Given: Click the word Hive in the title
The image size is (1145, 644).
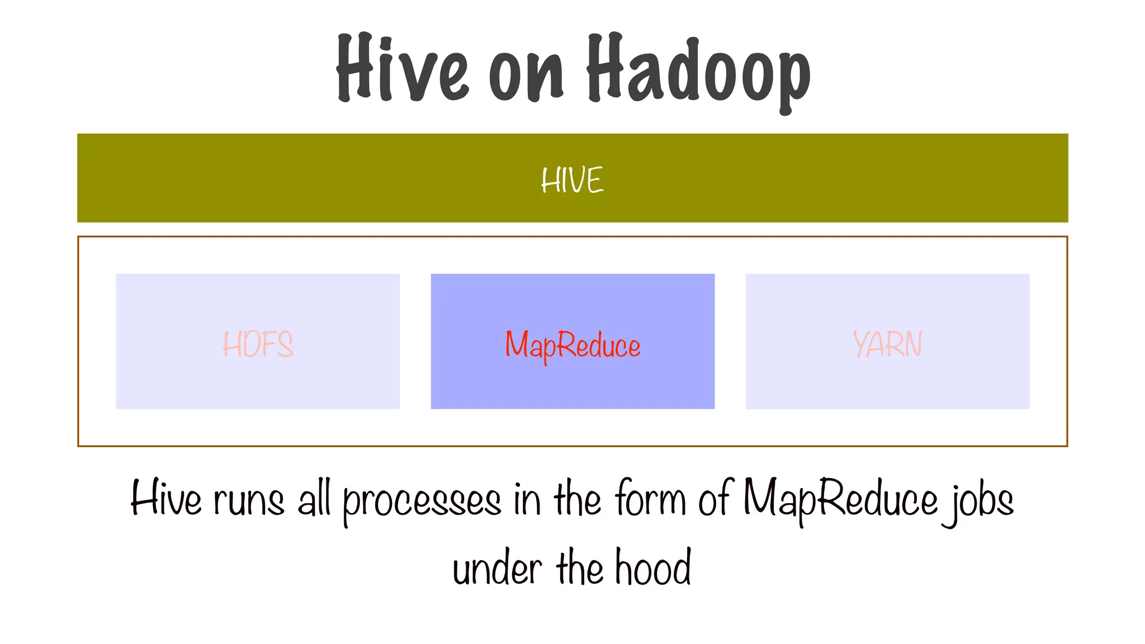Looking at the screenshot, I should tap(401, 69).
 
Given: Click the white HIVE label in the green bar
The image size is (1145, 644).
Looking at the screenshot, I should tap(572, 180).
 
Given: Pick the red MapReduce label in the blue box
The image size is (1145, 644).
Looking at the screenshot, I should tap(572, 345).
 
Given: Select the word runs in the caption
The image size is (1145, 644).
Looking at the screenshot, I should tap(249, 500).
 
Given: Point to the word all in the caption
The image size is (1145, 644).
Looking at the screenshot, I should tap(314, 499).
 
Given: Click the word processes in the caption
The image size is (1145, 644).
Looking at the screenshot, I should tap(422, 501).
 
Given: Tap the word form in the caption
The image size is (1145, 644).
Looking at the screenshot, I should tap(650, 499).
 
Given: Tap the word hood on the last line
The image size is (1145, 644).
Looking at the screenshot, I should tap(653, 567).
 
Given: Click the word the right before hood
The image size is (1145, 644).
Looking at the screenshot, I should tap(580, 567).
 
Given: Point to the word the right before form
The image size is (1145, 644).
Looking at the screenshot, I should tap(578, 499).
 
